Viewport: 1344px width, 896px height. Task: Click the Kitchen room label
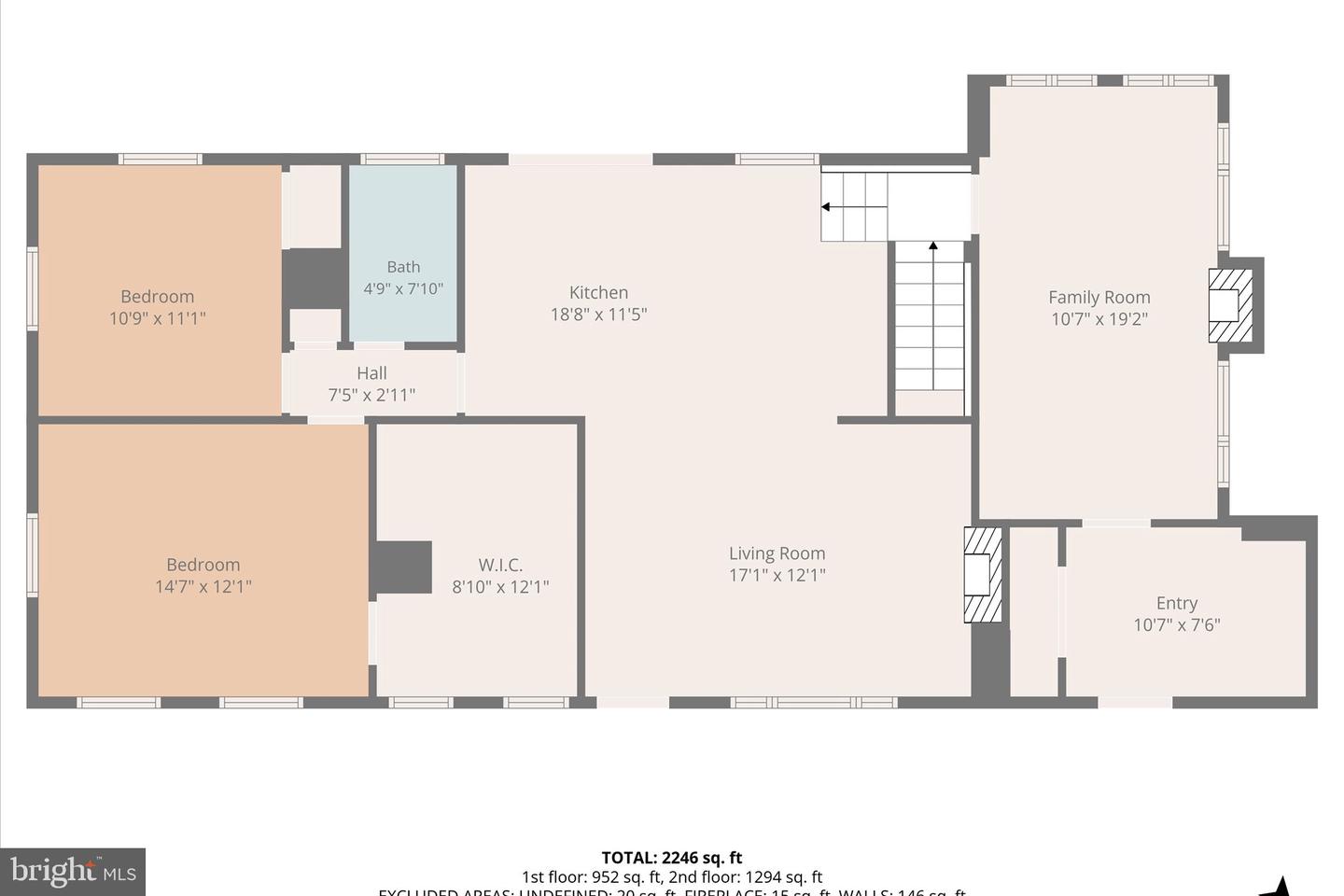(598, 293)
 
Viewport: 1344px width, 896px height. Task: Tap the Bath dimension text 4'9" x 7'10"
(403, 289)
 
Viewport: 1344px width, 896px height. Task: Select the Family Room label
(1099, 298)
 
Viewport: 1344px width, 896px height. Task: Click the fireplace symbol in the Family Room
(1230, 305)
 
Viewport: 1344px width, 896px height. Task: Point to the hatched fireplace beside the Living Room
(982, 575)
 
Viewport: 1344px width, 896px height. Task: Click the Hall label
(371, 373)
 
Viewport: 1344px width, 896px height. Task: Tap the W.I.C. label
(500, 565)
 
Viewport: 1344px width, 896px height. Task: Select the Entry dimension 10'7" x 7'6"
(1176, 625)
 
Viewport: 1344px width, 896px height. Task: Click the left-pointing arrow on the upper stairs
(827, 207)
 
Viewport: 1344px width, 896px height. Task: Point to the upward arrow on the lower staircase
(932, 247)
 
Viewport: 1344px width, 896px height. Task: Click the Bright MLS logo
(73, 872)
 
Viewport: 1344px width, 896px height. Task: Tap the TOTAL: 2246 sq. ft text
(671, 858)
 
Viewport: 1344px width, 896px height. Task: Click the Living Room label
(777, 553)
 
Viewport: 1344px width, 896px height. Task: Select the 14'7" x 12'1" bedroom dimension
(203, 587)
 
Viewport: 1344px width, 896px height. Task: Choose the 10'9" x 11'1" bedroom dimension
(157, 318)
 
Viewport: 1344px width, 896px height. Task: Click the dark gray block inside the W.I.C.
(402, 567)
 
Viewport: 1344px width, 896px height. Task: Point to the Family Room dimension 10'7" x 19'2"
(1099, 319)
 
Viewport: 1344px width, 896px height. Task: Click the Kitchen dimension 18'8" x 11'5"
(598, 315)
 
